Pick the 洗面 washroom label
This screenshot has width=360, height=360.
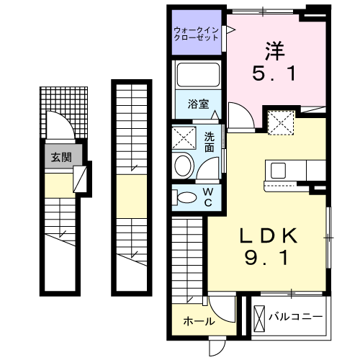(209, 141)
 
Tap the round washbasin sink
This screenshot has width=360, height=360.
(184, 165)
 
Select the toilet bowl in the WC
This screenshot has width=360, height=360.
(187, 197)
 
